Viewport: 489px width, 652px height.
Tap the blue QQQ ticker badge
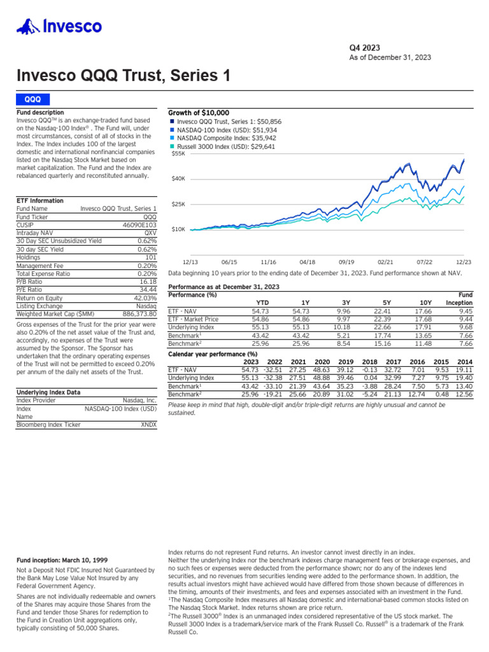click(x=32, y=99)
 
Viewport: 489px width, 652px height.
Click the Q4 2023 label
click(x=365, y=47)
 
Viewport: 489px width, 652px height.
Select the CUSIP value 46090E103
click(x=139, y=225)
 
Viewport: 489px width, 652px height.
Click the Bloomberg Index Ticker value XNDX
click(x=148, y=424)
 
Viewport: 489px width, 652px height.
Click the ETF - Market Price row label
click(x=193, y=319)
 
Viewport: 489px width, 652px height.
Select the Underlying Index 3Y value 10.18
click(x=342, y=327)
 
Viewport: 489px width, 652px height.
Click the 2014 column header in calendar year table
click(x=464, y=362)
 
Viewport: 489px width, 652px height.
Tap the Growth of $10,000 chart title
click(x=198, y=113)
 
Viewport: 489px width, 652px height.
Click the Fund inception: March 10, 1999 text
click(x=60, y=560)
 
